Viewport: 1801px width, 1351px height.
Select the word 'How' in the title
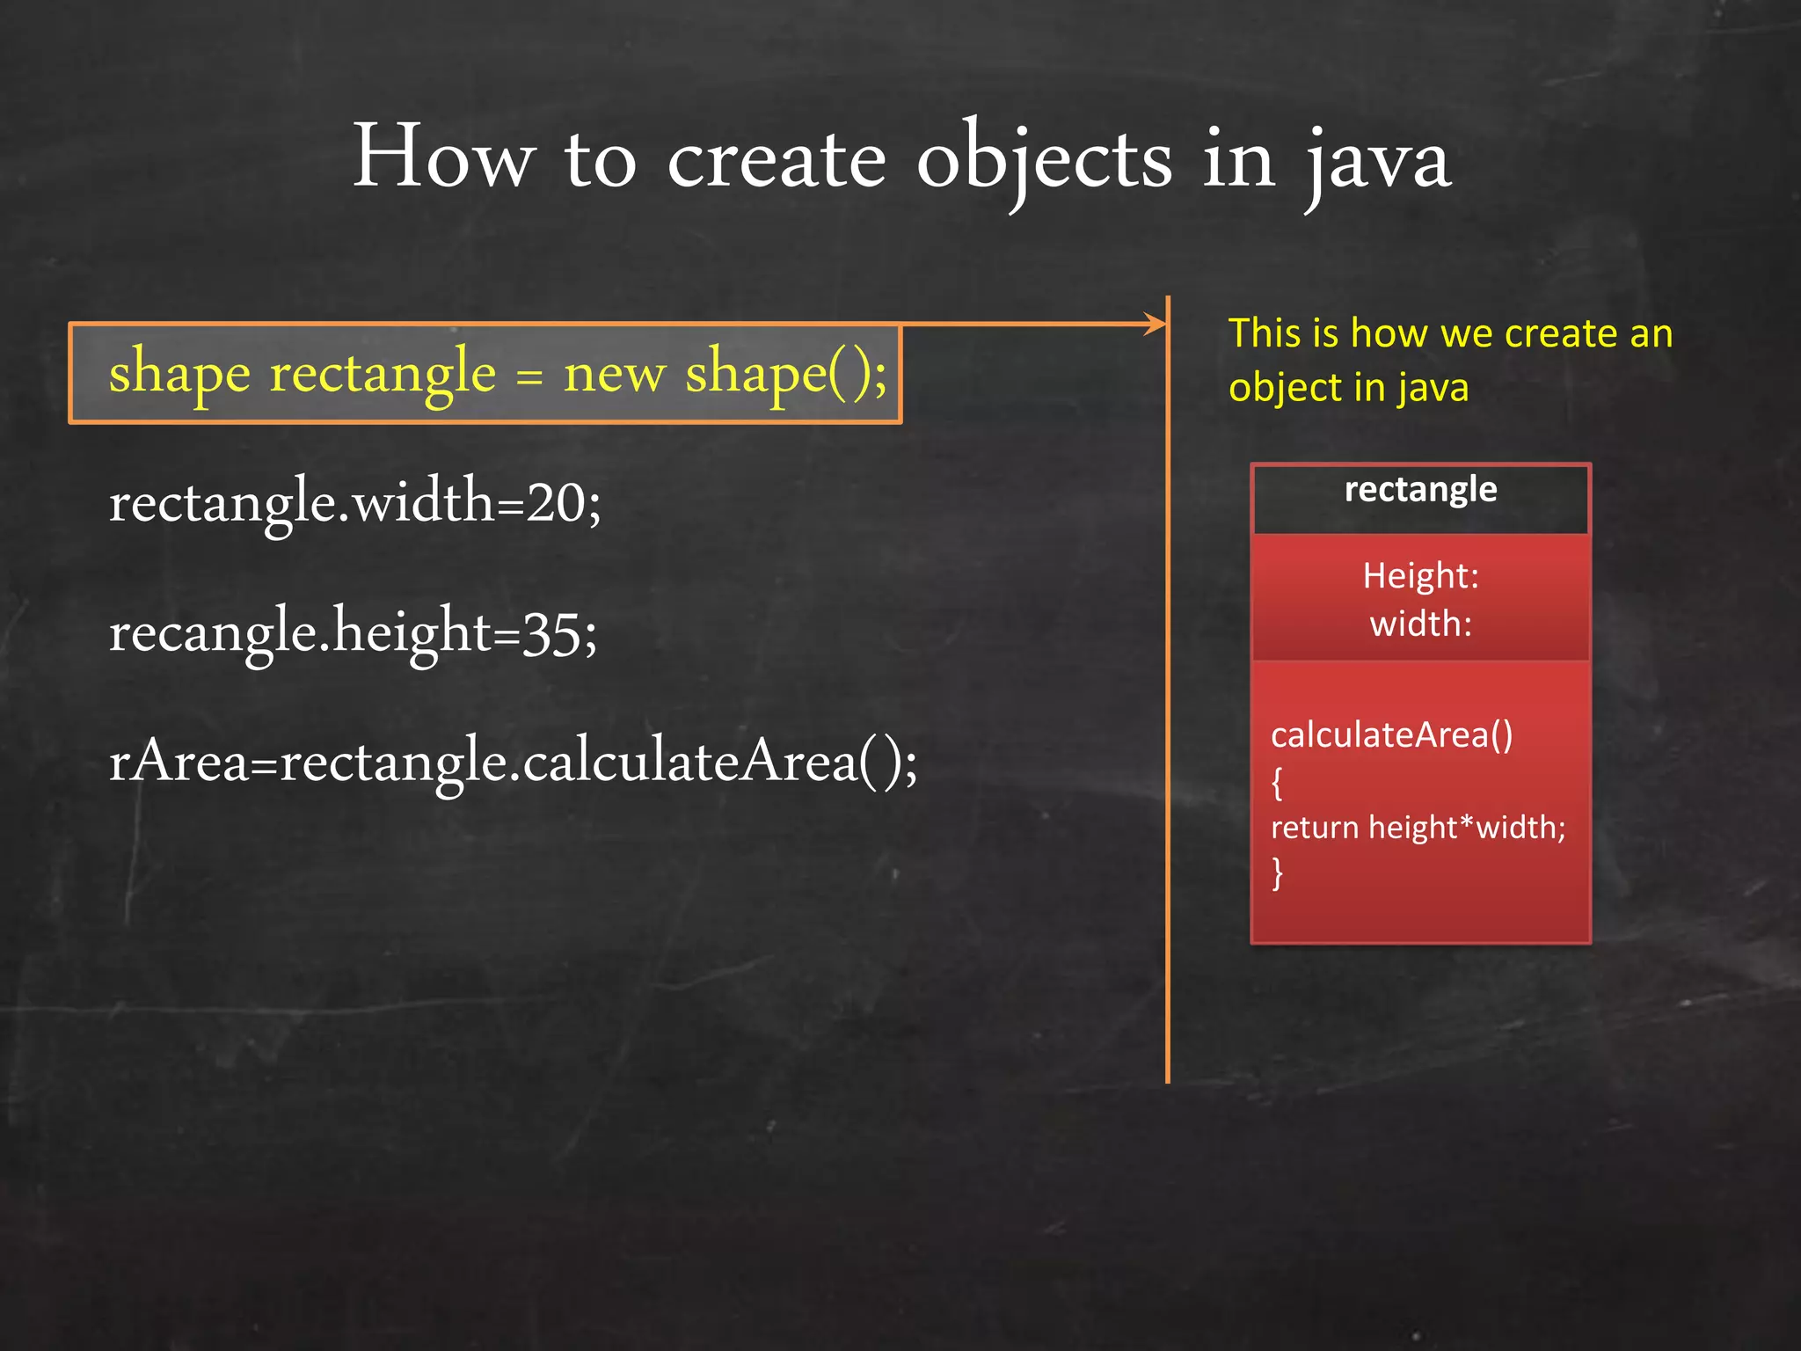pos(443,158)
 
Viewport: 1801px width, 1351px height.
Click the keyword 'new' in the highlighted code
pos(614,373)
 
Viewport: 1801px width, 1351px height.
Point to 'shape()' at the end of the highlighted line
pos(784,373)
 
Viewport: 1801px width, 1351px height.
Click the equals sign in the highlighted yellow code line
pos(529,376)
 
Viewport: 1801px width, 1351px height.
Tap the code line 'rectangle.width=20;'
pos(355,502)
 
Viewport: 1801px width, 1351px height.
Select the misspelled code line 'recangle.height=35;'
pos(354,632)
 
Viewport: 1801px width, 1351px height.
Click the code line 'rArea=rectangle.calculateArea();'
pos(513,762)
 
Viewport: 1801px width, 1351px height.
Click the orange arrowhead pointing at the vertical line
pos(1155,324)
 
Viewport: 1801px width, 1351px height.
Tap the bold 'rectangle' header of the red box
pos(1420,490)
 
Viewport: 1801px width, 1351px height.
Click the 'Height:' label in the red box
pos(1420,576)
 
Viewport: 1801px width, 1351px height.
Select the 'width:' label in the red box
pos(1420,624)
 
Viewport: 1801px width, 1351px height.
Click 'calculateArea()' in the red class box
pos(1391,734)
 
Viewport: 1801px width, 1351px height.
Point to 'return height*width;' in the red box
pos(1418,828)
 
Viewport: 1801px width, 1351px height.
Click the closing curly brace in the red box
pos(1277,873)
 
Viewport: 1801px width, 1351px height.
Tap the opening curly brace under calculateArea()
pos(1277,782)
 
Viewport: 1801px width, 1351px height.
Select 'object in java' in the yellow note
pos(1348,388)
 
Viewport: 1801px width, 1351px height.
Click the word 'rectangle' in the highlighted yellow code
pos(383,373)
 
